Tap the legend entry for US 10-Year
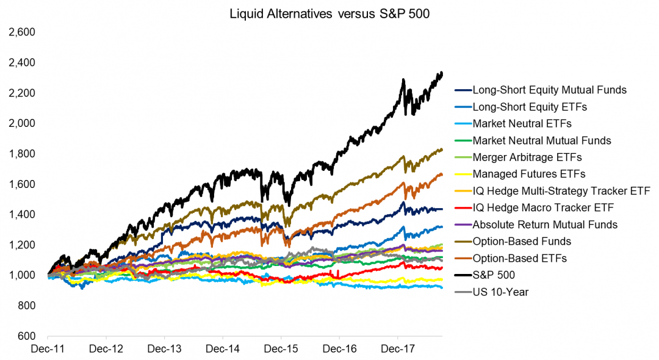click(x=500, y=292)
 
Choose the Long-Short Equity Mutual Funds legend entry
click(x=549, y=90)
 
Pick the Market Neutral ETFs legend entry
click(x=522, y=124)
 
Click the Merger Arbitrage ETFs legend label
click(x=527, y=157)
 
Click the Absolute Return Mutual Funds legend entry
click(x=545, y=225)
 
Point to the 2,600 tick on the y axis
click(x=23, y=32)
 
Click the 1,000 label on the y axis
click(x=23, y=275)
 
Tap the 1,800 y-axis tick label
click(x=23, y=154)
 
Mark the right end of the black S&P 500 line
click(x=442, y=73)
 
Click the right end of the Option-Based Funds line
click(x=442, y=149)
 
